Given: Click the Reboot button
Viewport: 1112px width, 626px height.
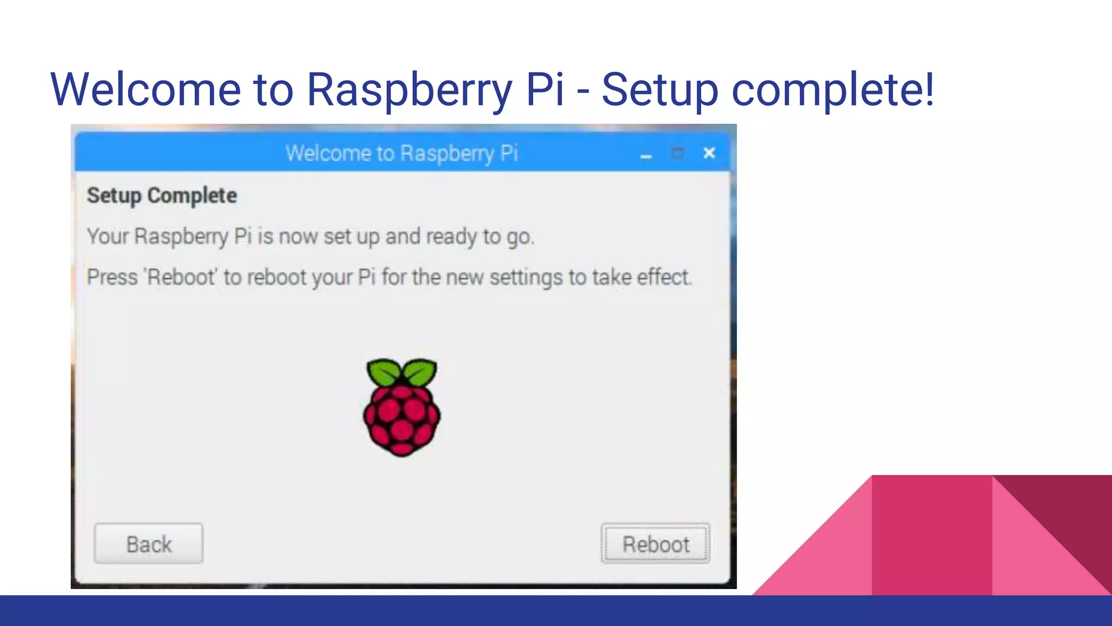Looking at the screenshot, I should coord(655,543).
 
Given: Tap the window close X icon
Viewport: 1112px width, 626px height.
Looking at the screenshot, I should coord(709,153).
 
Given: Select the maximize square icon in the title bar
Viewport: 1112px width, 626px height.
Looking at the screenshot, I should coord(678,153).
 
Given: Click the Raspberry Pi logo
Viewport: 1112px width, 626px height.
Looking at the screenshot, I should coord(402,408).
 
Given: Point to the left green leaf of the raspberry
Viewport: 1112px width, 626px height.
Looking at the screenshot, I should coord(384,372).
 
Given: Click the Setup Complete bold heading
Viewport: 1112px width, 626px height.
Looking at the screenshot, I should coord(162,196).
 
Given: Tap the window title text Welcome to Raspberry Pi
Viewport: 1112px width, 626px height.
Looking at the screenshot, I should coord(402,153).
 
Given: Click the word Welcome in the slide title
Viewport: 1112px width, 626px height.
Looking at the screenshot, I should coord(146,89).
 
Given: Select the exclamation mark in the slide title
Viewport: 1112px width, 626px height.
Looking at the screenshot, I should coord(928,89).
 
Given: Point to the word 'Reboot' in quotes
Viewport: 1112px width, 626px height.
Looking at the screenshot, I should coord(181,277).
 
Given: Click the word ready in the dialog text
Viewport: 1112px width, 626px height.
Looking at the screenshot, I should coord(451,237).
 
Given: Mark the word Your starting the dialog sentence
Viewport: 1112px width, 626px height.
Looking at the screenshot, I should coord(108,237).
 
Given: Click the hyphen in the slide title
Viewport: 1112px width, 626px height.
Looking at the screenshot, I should coord(583,90).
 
